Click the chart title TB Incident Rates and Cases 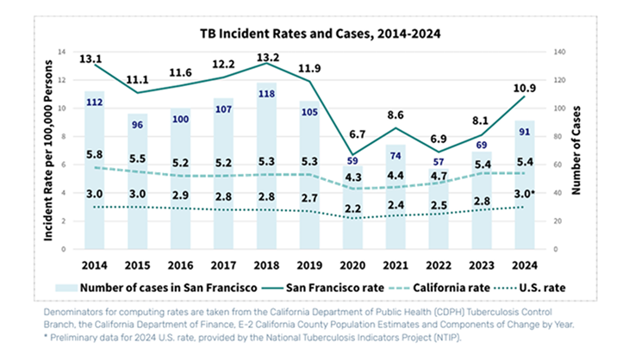pos(314,34)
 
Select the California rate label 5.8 pos(96,153)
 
